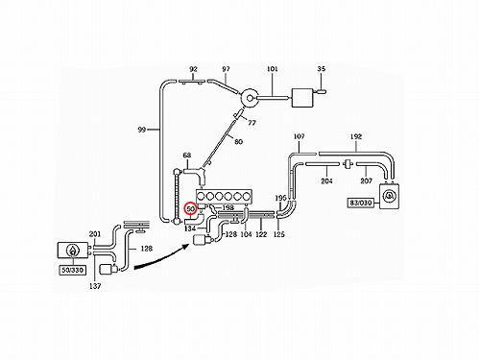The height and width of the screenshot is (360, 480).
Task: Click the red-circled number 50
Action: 191,209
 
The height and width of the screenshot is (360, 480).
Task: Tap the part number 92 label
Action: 193,69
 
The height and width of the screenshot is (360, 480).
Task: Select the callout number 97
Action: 226,69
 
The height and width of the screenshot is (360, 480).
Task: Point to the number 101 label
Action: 273,69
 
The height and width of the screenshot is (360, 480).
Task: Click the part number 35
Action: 322,69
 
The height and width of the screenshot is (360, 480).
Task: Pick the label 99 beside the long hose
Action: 142,130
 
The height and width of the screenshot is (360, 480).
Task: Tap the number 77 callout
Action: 252,123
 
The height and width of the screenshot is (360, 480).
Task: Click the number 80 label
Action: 238,141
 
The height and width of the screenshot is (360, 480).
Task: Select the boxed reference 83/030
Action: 361,203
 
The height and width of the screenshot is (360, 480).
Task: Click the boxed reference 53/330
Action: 73,270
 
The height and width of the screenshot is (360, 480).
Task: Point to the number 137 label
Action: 95,286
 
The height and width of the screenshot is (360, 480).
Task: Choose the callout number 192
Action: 356,136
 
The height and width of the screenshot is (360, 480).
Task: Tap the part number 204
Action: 326,181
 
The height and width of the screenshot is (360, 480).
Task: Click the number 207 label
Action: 367,181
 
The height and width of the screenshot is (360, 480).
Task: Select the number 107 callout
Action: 300,136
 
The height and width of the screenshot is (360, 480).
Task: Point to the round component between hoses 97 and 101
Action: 250,98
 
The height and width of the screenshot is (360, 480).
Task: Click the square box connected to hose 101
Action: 302,98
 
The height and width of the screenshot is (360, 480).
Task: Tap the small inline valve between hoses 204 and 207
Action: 348,164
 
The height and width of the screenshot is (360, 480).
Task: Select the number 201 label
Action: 95,234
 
